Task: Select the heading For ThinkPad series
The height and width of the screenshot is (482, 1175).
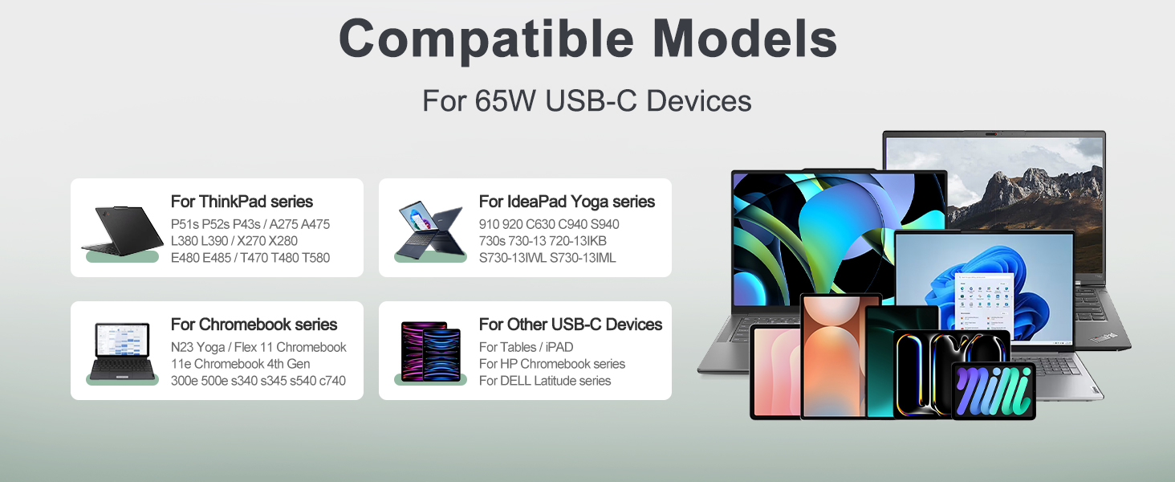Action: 242,202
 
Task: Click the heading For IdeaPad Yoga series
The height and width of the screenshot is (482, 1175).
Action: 567,202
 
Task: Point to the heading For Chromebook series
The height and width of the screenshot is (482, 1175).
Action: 254,325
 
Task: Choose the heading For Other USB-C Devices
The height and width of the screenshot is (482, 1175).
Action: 570,325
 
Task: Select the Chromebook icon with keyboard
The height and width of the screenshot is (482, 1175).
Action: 122,351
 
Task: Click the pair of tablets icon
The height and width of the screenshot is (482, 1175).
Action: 431,351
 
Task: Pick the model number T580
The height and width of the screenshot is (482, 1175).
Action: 315,258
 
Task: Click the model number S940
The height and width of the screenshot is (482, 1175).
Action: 604,224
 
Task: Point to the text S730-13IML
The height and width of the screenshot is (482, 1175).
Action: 583,258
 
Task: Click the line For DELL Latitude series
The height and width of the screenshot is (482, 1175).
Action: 544,381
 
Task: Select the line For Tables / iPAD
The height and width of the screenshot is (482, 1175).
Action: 526,347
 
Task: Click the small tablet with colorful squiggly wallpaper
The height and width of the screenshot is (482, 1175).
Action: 993,390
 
